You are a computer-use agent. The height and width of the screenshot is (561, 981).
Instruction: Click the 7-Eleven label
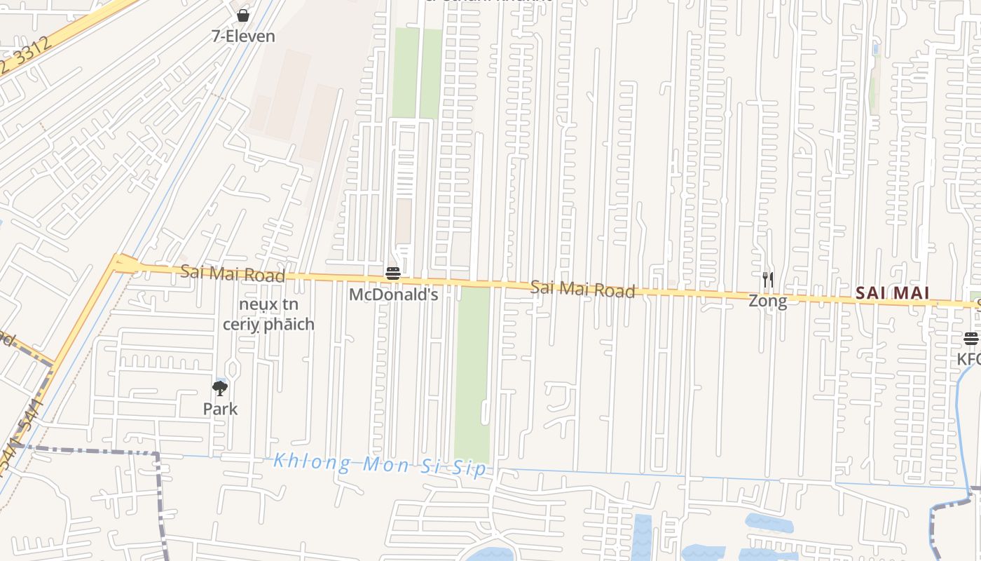[243, 36]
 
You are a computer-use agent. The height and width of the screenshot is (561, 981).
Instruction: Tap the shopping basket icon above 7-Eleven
[243, 15]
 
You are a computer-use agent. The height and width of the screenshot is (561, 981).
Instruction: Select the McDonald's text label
[393, 295]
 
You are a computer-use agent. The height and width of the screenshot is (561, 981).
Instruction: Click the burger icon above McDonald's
[393, 273]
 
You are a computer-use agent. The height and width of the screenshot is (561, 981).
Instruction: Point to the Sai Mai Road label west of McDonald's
[233, 273]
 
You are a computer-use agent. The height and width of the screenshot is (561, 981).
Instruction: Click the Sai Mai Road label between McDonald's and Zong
[582, 288]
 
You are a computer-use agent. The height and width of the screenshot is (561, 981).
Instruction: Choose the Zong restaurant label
[767, 302]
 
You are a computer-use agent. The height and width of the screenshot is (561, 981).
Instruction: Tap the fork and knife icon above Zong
[768, 280]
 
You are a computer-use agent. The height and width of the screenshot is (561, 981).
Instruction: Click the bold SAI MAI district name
[892, 293]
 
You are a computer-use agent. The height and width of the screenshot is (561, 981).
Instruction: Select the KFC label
[969, 359]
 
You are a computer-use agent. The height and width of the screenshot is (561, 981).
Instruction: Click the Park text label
[220, 409]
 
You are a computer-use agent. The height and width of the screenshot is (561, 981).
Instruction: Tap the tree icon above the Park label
[220, 388]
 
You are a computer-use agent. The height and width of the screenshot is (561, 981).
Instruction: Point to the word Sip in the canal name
[469, 468]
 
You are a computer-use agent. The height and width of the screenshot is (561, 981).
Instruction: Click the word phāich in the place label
[289, 325]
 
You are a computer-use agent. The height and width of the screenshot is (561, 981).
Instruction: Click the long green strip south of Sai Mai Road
[474, 372]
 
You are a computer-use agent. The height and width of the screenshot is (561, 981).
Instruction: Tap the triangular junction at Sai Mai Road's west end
[124, 264]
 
